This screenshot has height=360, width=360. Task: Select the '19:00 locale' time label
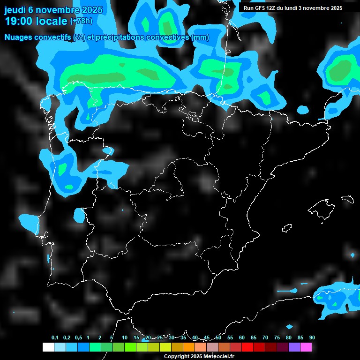point(35,21)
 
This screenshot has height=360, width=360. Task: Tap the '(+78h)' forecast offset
point(81,21)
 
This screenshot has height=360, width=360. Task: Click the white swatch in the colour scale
point(48,347)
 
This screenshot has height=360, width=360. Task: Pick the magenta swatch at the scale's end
point(306,347)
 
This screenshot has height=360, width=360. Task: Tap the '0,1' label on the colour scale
point(55,338)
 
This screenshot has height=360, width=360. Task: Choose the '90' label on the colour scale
point(312,338)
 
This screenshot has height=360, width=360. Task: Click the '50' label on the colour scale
point(218,338)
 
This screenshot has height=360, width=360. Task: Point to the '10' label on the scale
point(124,338)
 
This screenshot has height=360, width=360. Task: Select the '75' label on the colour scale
point(277,338)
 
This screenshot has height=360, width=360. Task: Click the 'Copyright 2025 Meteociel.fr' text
point(199,357)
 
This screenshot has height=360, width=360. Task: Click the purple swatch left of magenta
point(294,347)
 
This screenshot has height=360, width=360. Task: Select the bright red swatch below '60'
point(247,347)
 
